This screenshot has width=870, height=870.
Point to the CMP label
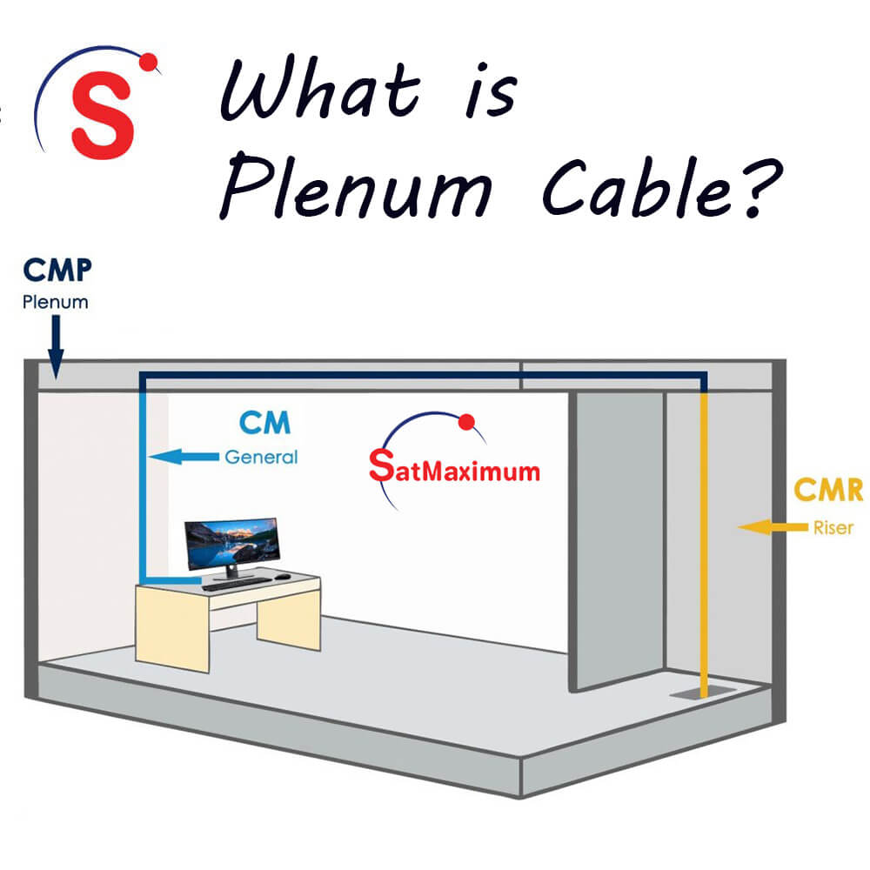pos(57,271)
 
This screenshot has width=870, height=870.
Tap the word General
pos(261,456)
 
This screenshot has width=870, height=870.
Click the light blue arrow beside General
pos(183,455)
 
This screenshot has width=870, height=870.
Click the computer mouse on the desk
pos(284,576)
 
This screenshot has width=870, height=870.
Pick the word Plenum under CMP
pos(56,304)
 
